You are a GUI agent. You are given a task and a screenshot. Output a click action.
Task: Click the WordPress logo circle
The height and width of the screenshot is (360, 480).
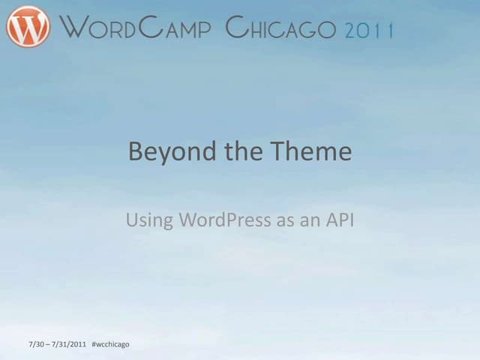click(28, 27)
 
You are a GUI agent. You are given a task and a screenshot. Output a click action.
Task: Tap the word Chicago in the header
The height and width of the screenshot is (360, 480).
click(281, 28)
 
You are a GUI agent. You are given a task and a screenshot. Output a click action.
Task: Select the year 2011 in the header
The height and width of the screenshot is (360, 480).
click(370, 30)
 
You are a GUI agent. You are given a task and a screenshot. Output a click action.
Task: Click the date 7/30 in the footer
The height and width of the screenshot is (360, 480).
click(36, 344)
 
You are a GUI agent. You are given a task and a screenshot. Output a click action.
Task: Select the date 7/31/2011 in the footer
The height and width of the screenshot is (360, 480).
click(70, 344)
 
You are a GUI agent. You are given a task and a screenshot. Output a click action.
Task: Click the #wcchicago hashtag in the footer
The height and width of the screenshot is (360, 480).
click(109, 344)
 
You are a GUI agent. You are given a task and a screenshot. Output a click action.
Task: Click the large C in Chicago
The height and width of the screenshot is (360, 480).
click(236, 28)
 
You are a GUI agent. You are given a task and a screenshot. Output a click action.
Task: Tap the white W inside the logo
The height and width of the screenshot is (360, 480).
click(28, 27)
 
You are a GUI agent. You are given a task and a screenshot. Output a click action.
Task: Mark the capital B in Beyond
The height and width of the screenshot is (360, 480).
click(136, 152)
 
